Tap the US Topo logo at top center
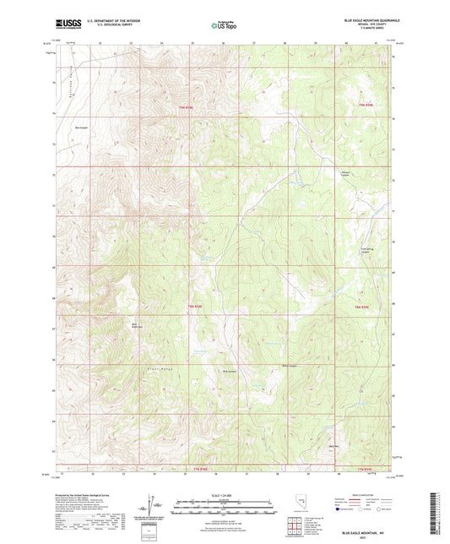(x=224, y=25)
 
